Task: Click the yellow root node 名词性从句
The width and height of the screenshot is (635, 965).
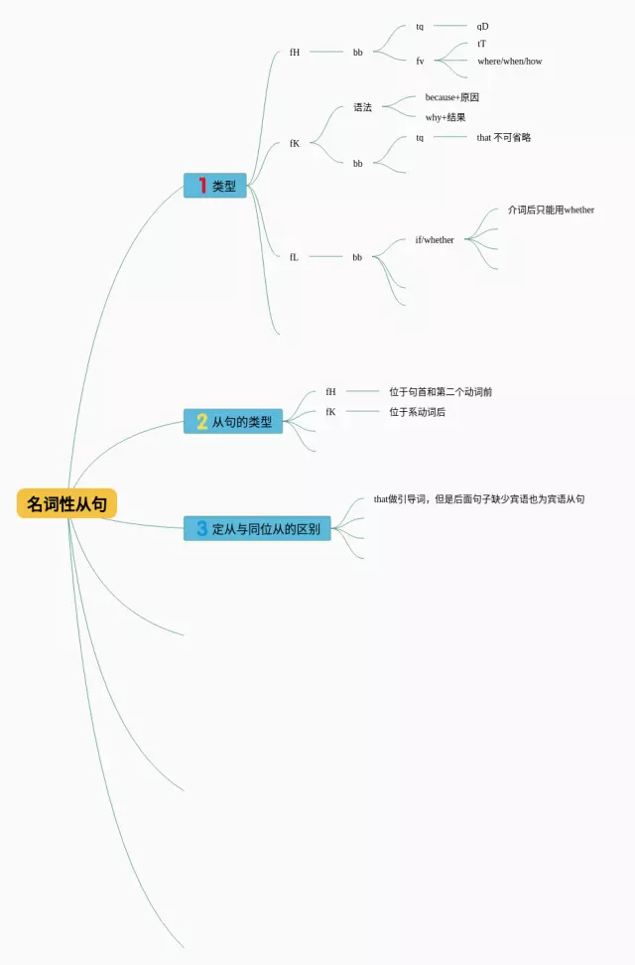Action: tap(66, 503)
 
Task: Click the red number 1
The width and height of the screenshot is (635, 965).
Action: tap(202, 186)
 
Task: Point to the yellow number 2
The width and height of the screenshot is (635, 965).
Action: tap(202, 422)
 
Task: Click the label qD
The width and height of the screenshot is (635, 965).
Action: tap(482, 26)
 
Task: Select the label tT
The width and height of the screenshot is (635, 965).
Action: tap(481, 44)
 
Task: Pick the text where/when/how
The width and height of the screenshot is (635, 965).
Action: tap(509, 62)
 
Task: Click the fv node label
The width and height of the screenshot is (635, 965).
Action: tap(420, 62)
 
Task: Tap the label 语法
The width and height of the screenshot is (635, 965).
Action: tap(362, 107)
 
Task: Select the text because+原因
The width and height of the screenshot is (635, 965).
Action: tap(451, 97)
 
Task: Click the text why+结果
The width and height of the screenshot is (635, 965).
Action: tap(445, 117)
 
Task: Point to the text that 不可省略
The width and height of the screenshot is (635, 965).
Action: tap(503, 137)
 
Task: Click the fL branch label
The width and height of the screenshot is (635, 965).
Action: tap(294, 256)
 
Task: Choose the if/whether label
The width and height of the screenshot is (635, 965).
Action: tap(435, 239)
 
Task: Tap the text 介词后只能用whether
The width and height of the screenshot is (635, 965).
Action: tap(551, 210)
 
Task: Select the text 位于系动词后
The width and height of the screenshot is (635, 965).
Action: tap(417, 411)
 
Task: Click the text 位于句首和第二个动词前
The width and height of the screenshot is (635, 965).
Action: tap(441, 392)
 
